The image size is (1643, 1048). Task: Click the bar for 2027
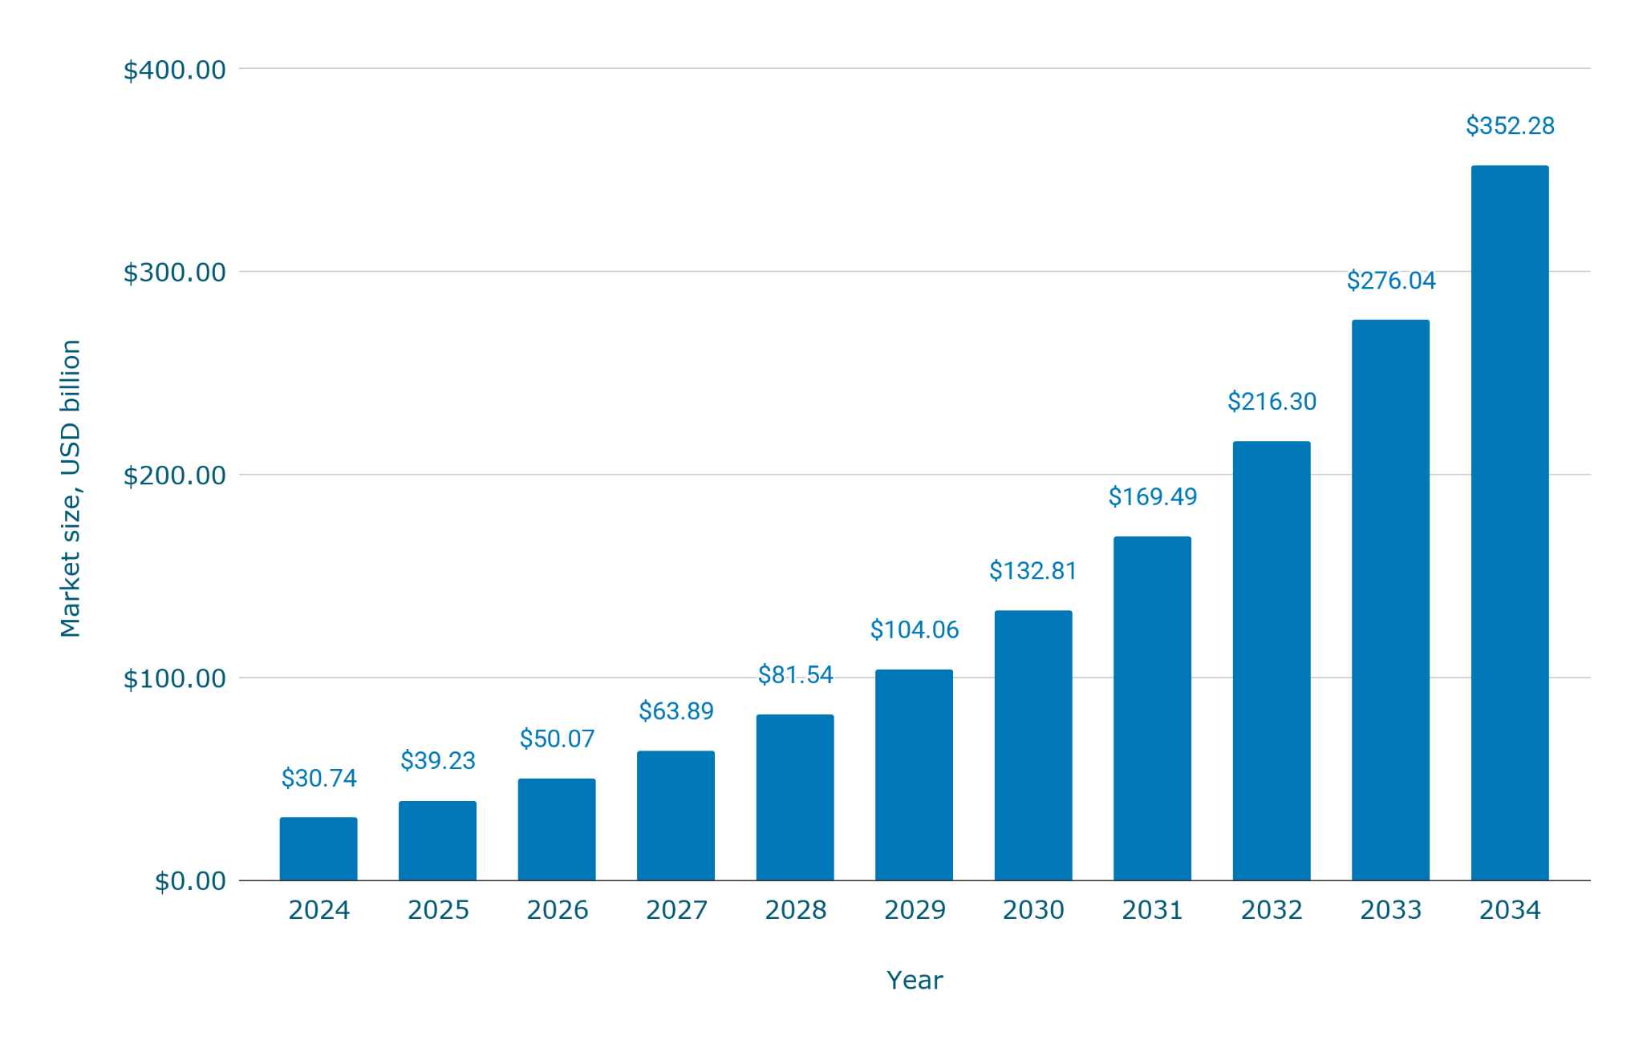(675, 815)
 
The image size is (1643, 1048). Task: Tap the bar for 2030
(1033, 746)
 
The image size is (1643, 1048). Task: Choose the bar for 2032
(1272, 661)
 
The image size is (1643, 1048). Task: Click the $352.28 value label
(1510, 126)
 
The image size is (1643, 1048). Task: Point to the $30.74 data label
(318, 778)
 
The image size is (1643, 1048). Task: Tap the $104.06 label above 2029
(915, 629)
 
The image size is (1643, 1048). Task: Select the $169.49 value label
(1153, 497)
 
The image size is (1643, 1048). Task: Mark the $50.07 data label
(557, 738)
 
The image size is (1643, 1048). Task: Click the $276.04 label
(1391, 281)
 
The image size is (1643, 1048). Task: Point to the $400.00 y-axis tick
(174, 71)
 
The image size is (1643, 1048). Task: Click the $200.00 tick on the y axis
(174, 476)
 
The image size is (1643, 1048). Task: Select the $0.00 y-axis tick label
(190, 881)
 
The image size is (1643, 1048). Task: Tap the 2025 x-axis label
(438, 910)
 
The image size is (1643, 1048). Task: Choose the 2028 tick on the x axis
(796, 910)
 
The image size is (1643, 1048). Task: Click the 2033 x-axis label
(1391, 910)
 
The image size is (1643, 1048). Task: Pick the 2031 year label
(1153, 910)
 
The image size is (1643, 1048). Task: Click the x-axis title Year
(915, 980)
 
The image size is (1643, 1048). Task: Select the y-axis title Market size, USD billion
(71, 488)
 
